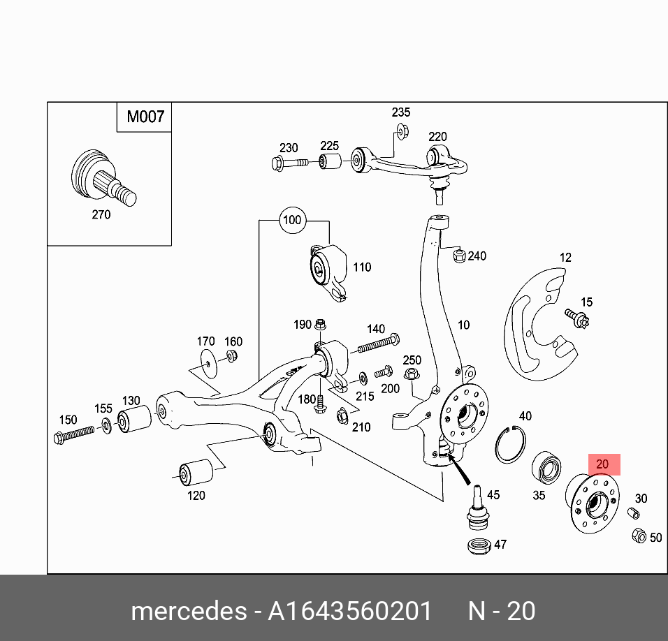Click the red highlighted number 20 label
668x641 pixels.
click(x=603, y=464)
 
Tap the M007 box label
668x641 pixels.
click(x=145, y=117)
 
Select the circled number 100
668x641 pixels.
click(x=291, y=221)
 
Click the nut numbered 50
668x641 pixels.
click(x=638, y=536)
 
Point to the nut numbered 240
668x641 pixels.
click(x=459, y=256)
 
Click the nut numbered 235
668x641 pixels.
click(x=401, y=130)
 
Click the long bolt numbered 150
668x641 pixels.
click(x=74, y=434)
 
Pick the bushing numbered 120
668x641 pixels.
click(x=196, y=473)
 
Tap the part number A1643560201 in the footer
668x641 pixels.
click(x=350, y=611)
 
